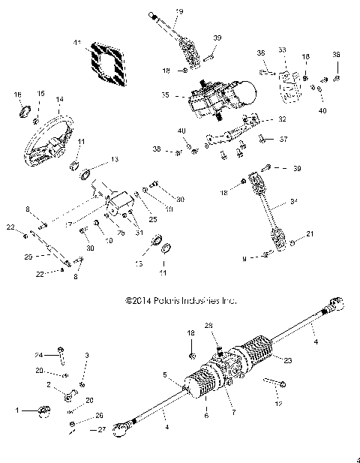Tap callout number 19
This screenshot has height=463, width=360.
179,12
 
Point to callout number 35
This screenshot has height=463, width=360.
166,96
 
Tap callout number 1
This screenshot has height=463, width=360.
19,410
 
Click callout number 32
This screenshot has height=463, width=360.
281,119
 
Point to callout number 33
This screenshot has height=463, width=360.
283,50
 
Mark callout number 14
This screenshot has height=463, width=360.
59,99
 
